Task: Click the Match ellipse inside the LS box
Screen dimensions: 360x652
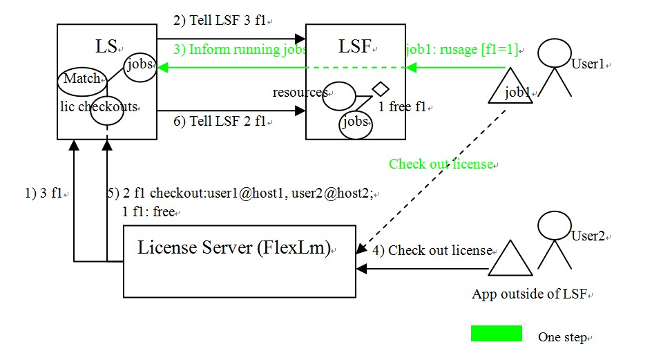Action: (x=82, y=79)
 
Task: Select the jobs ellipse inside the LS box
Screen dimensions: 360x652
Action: (x=139, y=66)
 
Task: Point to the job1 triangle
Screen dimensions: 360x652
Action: (x=510, y=88)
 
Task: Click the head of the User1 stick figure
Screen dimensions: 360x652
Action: (x=555, y=55)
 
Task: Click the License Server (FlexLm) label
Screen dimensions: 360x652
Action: (x=234, y=247)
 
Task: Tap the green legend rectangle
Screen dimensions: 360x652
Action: (x=496, y=333)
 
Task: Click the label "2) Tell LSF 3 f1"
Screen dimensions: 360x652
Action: (x=219, y=21)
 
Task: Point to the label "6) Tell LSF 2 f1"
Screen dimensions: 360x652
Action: (x=219, y=121)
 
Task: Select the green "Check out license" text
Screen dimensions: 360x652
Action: (x=441, y=164)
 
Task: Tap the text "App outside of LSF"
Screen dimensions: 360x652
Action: (x=530, y=294)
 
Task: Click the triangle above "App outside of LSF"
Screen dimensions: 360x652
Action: (x=510, y=260)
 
